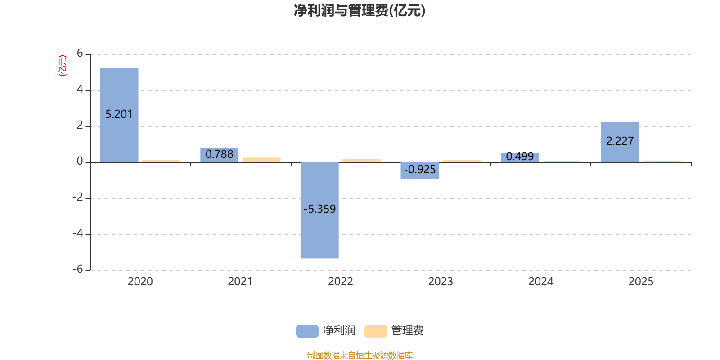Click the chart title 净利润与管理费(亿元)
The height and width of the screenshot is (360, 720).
(360, 10)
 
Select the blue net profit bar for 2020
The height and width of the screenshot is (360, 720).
(119, 90)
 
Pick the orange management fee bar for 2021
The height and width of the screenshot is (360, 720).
(261, 159)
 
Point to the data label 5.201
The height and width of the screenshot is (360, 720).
(119, 114)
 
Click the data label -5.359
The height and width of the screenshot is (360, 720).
(319, 209)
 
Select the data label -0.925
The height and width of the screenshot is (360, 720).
(420, 170)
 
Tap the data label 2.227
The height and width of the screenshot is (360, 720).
(620, 141)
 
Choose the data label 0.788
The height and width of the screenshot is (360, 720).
(220, 154)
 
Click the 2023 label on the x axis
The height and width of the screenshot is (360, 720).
(441, 282)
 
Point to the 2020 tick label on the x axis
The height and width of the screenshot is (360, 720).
(140, 282)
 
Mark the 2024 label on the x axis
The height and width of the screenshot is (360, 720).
(540, 282)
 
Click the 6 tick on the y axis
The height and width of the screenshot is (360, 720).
(80, 53)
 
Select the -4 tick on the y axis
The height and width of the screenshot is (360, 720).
(78, 233)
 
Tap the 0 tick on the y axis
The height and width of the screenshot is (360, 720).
(80, 161)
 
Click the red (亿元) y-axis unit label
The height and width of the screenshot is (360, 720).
(63, 66)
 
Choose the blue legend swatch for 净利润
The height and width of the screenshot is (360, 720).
(307, 331)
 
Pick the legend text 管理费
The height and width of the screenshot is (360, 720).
(407, 331)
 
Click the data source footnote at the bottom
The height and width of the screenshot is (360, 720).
(360, 355)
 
